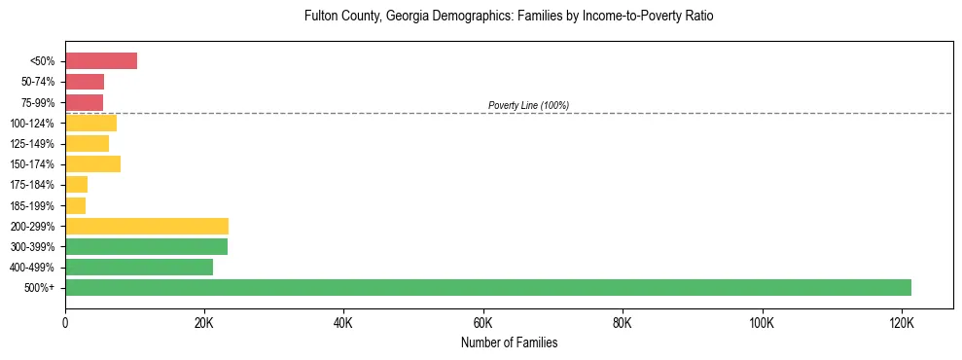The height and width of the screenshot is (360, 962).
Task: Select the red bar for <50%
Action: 101,61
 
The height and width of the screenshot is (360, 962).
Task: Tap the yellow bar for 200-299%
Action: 147,226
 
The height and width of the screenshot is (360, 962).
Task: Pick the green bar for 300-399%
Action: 146,246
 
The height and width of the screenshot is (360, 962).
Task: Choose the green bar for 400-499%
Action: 139,267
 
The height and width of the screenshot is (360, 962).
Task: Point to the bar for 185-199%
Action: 76,205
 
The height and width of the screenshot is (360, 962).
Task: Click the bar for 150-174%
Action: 93,164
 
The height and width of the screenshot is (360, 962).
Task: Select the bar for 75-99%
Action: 85,102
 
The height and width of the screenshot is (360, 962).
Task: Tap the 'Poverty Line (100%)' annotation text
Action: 528,105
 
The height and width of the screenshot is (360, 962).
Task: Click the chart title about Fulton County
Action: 509,17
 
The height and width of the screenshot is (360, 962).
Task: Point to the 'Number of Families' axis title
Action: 509,342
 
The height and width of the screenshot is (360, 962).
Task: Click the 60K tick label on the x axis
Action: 483,323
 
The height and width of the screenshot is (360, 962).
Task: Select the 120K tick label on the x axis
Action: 902,323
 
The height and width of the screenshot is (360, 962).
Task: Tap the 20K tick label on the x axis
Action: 204,323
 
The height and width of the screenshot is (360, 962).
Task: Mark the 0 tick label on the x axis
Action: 65,323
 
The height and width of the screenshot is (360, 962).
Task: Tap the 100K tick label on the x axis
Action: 762,323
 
